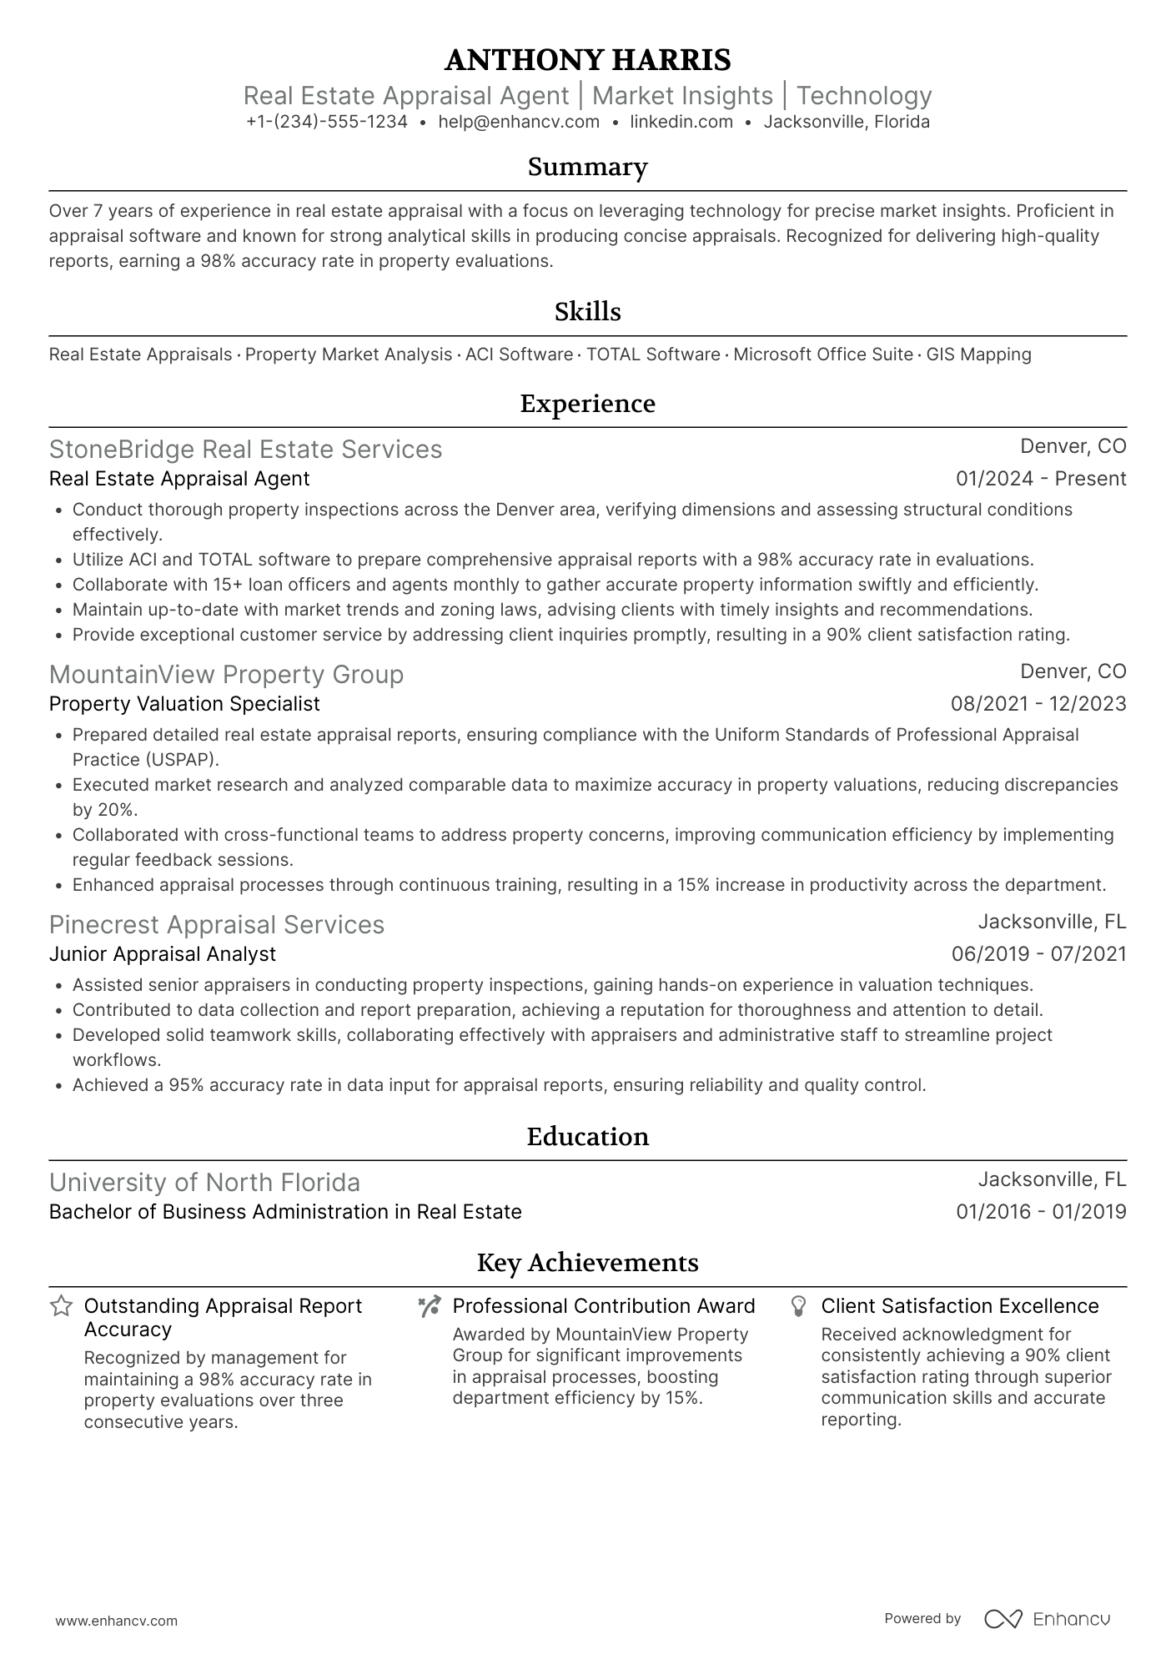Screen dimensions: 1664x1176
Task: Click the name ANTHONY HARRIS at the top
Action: pos(587,60)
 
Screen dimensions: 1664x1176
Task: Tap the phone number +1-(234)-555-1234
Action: pos(327,122)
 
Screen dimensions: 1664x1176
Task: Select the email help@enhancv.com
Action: pos(519,122)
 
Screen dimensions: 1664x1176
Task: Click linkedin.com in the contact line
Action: pos(681,122)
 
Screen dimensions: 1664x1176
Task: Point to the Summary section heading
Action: pos(587,167)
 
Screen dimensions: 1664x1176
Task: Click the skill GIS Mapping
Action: pos(978,354)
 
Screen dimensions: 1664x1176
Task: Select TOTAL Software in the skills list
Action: pos(653,354)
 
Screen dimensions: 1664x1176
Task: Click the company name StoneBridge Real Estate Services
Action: pos(245,450)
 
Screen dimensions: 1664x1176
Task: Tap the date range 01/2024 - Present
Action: pos(1041,479)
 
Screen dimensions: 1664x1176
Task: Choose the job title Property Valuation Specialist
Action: pos(184,704)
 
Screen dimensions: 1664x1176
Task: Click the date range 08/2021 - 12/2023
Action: pos(1038,704)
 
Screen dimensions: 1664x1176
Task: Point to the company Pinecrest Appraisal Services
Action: pos(217,925)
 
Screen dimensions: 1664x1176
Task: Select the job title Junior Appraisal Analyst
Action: pos(163,954)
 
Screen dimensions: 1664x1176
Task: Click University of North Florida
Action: pos(204,1183)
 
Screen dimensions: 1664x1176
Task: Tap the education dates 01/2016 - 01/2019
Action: pos(1041,1212)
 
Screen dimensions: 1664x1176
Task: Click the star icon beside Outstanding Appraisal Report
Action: pos(61,1306)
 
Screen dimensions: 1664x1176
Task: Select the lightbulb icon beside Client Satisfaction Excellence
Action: pos(798,1306)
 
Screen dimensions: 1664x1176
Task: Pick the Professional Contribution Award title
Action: pos(604,1306)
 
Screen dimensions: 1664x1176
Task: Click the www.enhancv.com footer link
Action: pos(117,1621)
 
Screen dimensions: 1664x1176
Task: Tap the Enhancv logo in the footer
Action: pos(1048,1619)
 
